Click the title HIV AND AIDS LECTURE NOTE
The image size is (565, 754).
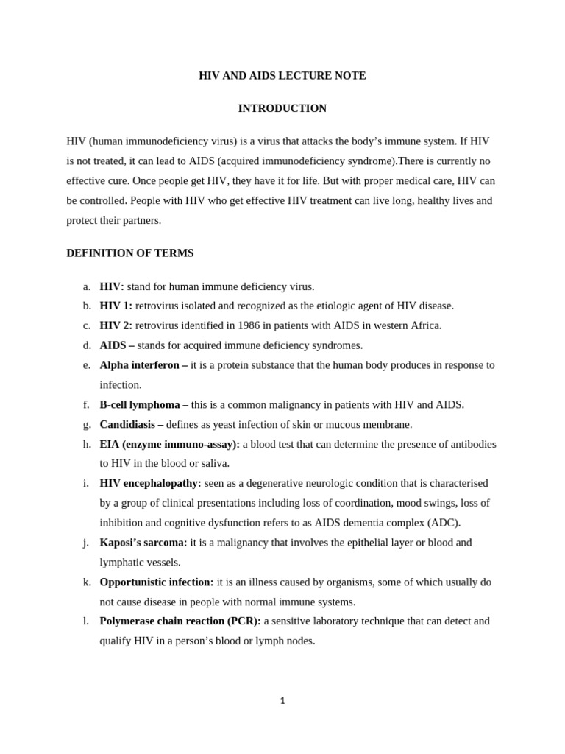click(x=282, y=76)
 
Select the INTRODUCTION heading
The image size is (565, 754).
click(x=282, y=108)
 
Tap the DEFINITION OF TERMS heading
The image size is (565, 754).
click(x=129, y=253)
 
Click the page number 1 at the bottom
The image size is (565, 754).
click(x=282, y=701)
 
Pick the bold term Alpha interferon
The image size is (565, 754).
click(x=140, y=365)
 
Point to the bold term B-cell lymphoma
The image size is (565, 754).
click(x=140, y=404)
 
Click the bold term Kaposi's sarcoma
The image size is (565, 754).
click(x=143, y=543)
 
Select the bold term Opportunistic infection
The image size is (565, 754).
click(x=157, y=582)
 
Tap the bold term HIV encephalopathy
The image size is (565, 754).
click(x=150, y=483)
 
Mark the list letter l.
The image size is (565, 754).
click(x=86, y=621)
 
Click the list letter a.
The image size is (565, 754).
click(x=86, y=286)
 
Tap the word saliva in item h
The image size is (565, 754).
click(x=213, y=463)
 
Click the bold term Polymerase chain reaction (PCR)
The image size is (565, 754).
click(x=180, y=621)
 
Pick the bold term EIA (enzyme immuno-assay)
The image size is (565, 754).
click(x=169, y=444)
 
